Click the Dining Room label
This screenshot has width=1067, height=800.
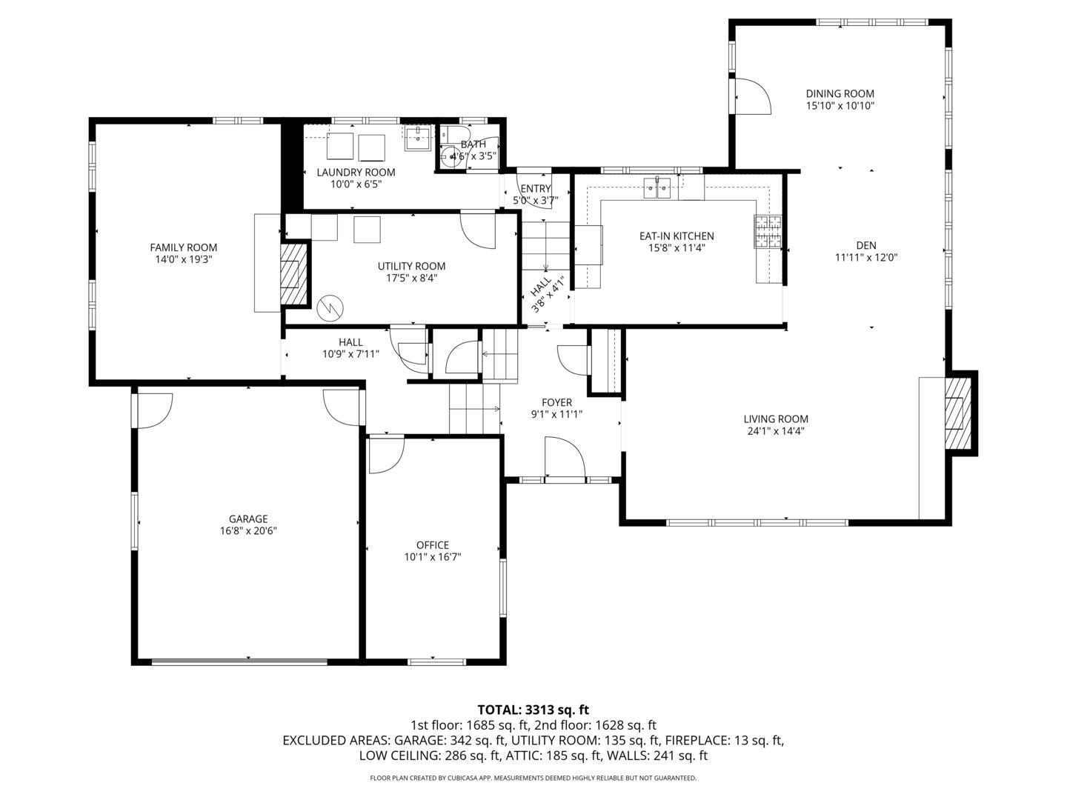840,94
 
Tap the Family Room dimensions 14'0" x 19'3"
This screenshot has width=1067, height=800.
184,260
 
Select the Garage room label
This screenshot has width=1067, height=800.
248,519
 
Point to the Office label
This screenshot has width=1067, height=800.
432,545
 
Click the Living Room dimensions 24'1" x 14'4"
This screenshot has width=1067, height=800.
776,430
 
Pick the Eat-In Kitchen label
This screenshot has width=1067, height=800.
677,236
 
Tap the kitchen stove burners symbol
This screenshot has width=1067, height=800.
768,230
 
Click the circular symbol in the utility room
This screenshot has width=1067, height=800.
328,308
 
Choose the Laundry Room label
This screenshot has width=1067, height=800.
356,173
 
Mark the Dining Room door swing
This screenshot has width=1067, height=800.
753,96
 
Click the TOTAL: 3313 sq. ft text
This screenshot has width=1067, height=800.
533,710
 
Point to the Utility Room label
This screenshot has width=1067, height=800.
411,267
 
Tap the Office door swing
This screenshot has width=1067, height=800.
386,456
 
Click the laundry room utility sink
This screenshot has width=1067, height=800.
419,138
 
